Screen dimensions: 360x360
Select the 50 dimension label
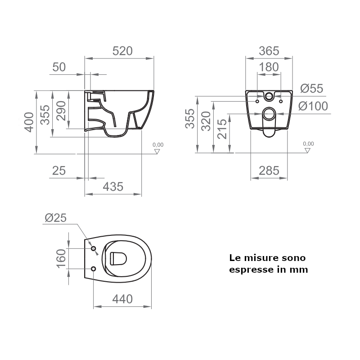click(x=59, y=67)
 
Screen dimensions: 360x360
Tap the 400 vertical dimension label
click(x=29, y=122)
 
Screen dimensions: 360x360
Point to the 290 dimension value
click(x=61, y=110)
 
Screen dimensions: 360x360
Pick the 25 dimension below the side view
click(x=59, y=171)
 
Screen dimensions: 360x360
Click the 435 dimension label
click(x=113, y=187)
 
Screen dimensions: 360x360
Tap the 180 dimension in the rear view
click(x=269, y=67)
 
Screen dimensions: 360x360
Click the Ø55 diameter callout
click(x=311, y=89)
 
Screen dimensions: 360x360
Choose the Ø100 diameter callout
click(x=313, y=106)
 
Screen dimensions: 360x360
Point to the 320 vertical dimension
click(x=206, y=121)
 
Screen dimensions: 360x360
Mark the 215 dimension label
click(x=222, y=129)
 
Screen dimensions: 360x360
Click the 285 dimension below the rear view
click(x=269, y=171)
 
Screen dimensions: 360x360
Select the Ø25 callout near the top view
click(x=56, y=218)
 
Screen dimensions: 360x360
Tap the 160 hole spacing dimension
click(x=61, y=258)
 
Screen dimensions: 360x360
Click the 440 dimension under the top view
click(x=122, y=299)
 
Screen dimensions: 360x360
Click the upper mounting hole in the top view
click(x=94, y=249)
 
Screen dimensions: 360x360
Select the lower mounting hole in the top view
click(x=94, y=269)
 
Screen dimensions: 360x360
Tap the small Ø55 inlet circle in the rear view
click(x=269, y=96)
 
